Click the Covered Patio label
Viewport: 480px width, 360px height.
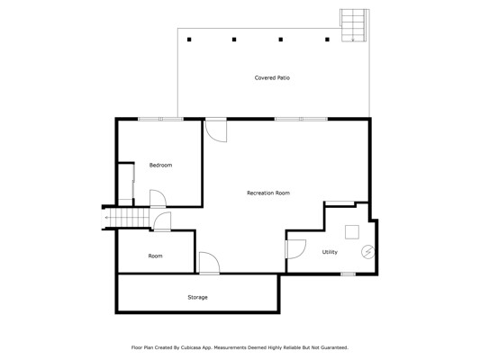pos(272,77)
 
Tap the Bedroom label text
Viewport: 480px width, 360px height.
pos(160,166)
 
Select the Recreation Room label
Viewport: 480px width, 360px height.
pos(268,193)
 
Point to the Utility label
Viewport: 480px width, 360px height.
pos(330,252)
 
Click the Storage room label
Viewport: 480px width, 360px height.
pos(197,297)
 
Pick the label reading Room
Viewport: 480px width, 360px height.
pos(155,256)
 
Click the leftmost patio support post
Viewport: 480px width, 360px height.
pos(189,40)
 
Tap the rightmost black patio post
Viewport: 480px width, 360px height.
pos(327,40)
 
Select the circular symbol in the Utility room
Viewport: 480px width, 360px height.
pos(368,252)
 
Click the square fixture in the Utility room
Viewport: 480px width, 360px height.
pos(352,232)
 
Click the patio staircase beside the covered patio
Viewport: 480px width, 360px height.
pos(354,25)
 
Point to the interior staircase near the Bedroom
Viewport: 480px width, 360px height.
pos(126,218)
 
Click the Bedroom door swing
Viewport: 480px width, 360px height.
pos(158,199)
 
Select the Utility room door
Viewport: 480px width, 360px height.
pos(295,249)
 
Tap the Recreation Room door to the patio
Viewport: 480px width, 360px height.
pos(216,130)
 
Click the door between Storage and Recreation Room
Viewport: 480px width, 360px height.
pos(210,263)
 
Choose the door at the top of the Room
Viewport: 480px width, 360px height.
pos(162,221)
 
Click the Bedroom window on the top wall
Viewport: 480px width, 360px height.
pos(161,119)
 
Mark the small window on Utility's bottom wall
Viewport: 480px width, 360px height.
pos(348,274)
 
